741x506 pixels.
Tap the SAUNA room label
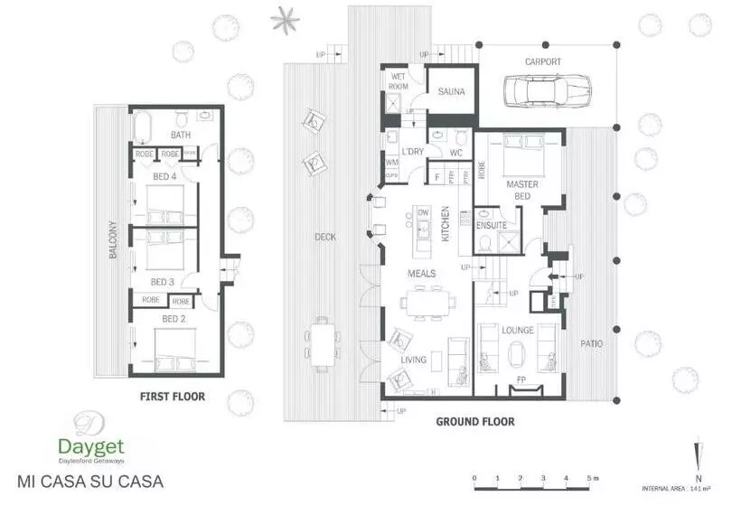coord(451,92)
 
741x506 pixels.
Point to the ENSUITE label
coord(491,225)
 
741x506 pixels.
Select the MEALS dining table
coord(424,302)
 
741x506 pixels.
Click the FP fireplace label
coord(520,379)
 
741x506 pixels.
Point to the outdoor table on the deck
coord(323,343)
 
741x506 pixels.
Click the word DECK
coord(325,238)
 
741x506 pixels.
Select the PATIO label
coord(592,343)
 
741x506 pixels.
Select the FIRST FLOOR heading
coord(172,397)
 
